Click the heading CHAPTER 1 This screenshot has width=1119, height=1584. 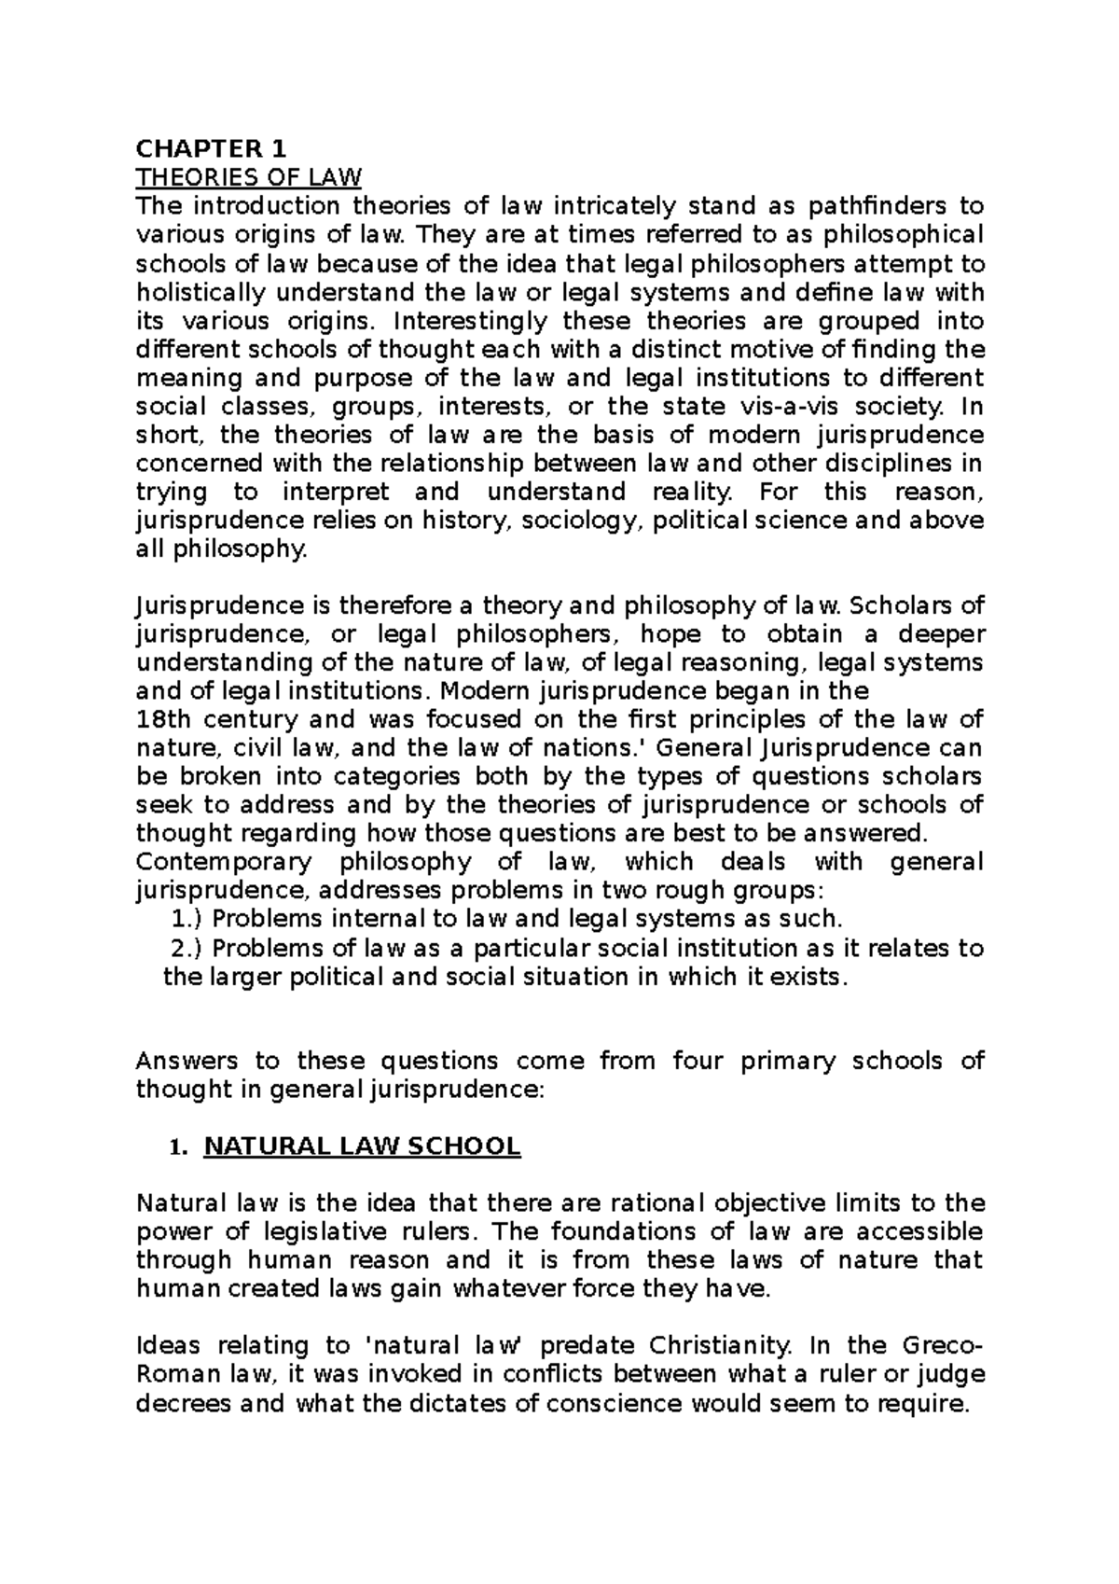213,148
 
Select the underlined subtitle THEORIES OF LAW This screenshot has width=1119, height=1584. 248,177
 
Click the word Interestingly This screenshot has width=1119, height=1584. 471,321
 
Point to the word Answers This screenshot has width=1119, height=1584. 183,1061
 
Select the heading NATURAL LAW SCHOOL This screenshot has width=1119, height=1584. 362,1146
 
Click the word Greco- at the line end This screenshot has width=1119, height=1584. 943,1345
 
